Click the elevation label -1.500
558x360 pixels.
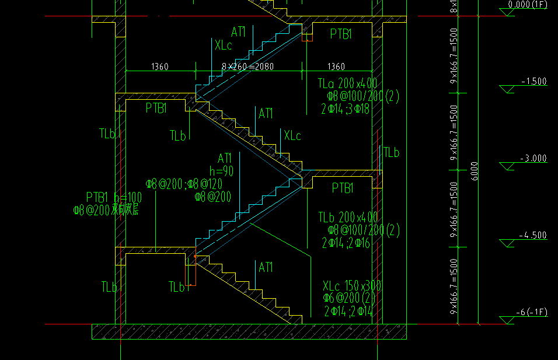533,82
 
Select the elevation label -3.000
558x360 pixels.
533,159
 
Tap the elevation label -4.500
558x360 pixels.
533,236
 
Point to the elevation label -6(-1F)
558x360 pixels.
531,313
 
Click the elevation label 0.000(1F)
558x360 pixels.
528,5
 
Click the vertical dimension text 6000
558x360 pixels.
474,171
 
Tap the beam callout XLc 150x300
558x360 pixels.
353,286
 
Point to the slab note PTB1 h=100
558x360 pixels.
114,197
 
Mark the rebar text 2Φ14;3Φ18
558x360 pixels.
345,109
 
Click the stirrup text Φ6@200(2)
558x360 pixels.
349,299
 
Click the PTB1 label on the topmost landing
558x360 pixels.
341,34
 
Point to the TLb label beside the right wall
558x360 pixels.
391,153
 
